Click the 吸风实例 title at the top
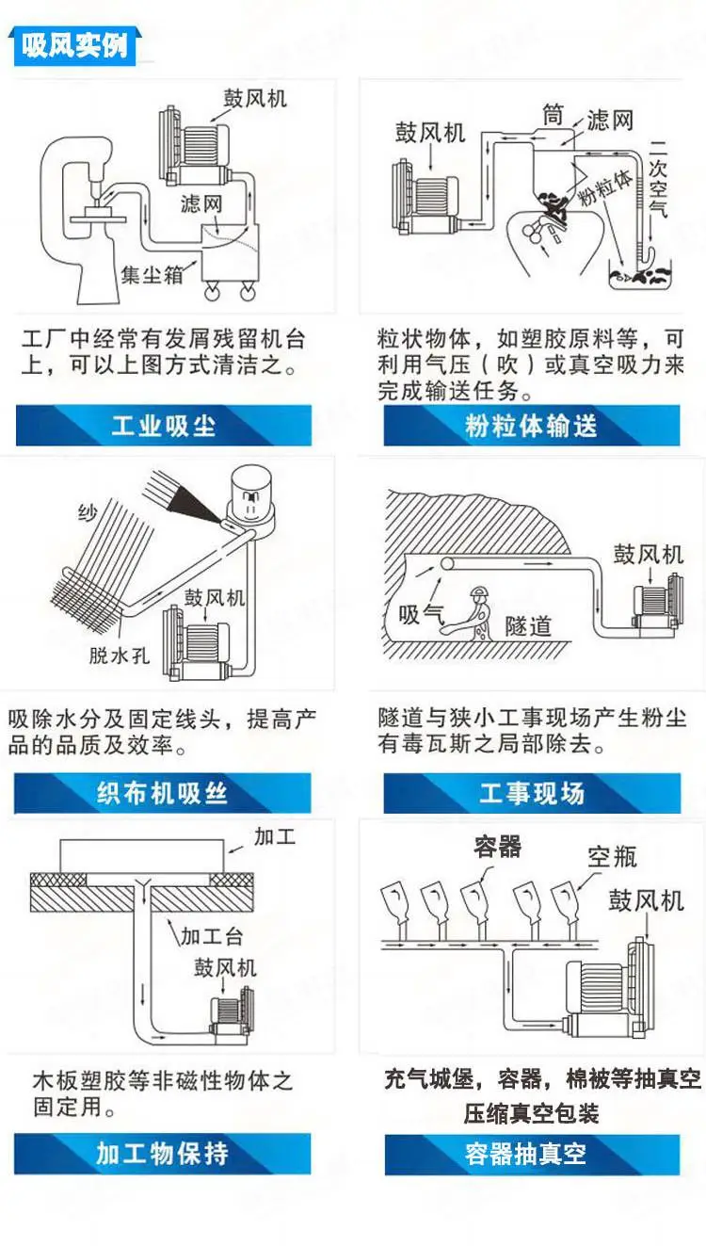(74, 45)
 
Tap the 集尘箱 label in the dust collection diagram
(152, 274)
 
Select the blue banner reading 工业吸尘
(164, 426)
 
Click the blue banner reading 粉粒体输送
(532, 426)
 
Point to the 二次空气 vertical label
(658, 177)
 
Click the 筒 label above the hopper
(554, 115)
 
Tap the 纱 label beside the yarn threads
(88, 513)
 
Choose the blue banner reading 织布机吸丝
(162, 793)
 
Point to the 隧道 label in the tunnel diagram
(528, 626)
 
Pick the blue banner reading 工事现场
(532, 793)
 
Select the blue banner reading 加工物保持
(162, 1154)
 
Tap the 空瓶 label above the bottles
(612, 857)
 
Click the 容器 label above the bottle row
(498, 846)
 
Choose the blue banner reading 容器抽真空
(532, 1155)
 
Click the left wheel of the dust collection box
(212, 291)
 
